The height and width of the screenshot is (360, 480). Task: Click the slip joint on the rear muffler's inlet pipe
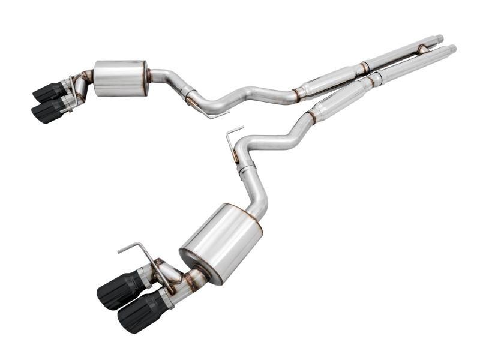click(188, 97)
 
